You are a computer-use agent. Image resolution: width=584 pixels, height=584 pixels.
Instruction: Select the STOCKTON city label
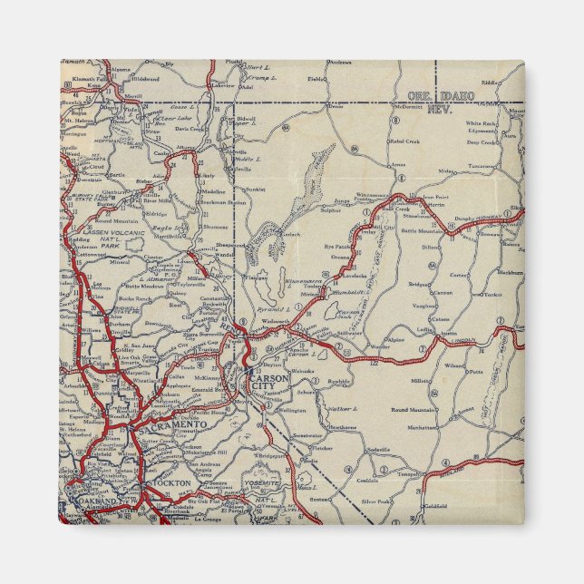[x=173, y=483]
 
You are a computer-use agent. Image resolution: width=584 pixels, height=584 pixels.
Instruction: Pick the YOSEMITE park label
[x=260, y=484]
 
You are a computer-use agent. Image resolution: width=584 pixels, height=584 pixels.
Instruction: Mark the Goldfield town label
[x=435, y=506]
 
